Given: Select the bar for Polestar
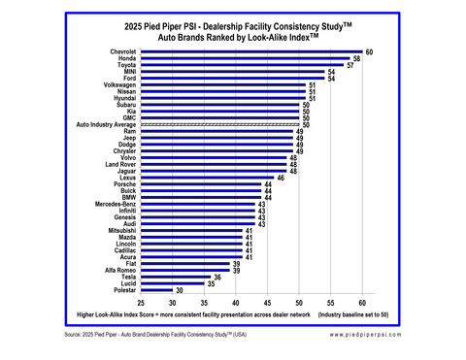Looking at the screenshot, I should (158, 290).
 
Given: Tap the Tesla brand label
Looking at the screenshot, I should (126, 277).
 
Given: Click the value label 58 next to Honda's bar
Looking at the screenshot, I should (357, 59).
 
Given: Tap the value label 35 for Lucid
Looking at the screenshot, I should (211, 283).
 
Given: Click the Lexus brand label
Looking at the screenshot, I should (126, 178).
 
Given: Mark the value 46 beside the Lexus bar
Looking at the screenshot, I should (281, 178).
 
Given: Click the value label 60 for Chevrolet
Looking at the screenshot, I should (370, 51).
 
